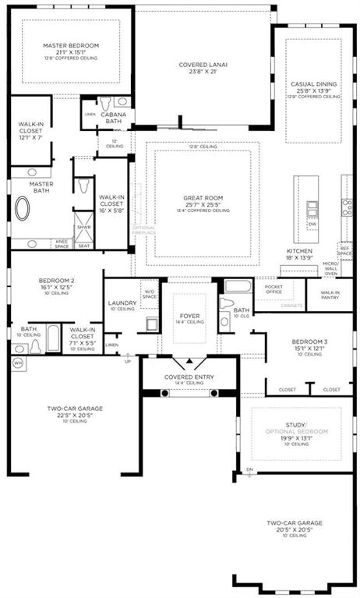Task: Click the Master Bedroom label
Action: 69,46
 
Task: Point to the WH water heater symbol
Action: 18,363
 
